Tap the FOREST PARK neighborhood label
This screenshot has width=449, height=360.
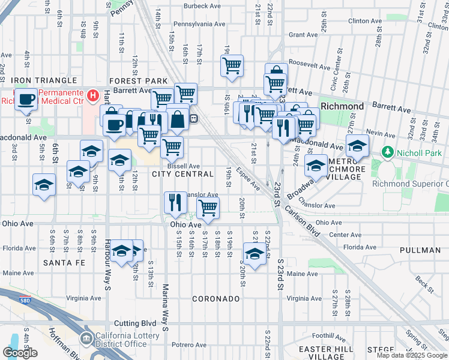click(138, 81)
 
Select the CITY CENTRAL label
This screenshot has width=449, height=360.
click(182, 174)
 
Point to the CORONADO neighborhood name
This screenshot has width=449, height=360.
click(216, 299)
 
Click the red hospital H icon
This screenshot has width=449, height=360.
click(92, 95)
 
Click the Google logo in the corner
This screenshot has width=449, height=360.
click(20, 353)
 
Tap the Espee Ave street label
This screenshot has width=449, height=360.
click(247, 179)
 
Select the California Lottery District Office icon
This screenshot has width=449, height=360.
click(87, 340)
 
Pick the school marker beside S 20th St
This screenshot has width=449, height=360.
click(255, 254)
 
